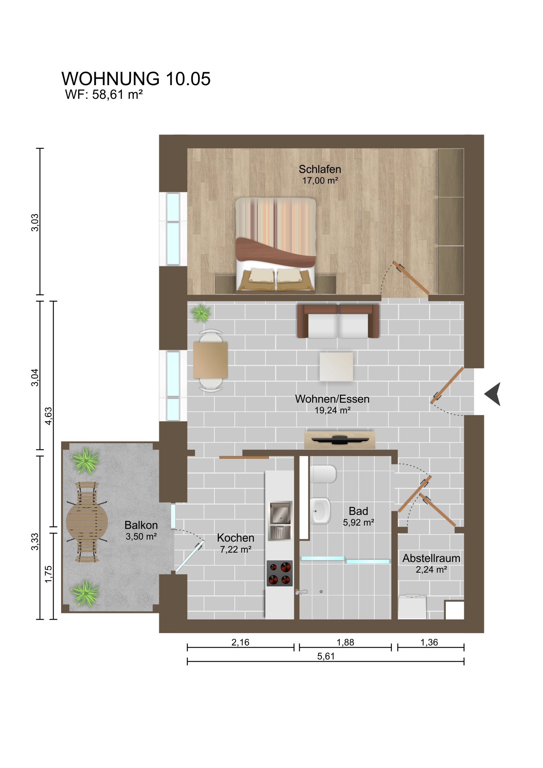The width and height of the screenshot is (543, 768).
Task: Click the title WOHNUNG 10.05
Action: pos(136,79)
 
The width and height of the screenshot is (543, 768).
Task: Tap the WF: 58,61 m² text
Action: pos(104,94)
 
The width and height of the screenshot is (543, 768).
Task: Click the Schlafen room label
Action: pos(320,169)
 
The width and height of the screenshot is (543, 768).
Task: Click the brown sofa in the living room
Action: pos(338,321)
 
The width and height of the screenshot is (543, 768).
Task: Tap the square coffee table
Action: pos(336,366)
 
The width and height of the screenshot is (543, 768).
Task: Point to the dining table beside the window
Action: pos(210,360)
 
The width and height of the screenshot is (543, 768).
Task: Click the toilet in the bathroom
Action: pos(323,473)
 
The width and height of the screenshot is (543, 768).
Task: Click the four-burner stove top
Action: pos(280,573)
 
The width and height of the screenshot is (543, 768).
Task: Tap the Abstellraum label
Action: pos(431,558)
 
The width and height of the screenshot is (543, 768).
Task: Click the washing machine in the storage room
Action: pos(412,606)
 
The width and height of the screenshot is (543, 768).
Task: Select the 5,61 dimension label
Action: pos(326,656)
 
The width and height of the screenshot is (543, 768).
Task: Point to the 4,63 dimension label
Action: pos(49,416)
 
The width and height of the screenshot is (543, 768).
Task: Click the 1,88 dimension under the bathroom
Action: pos(345,642)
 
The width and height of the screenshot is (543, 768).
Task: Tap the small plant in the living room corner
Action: pos(201,313)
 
